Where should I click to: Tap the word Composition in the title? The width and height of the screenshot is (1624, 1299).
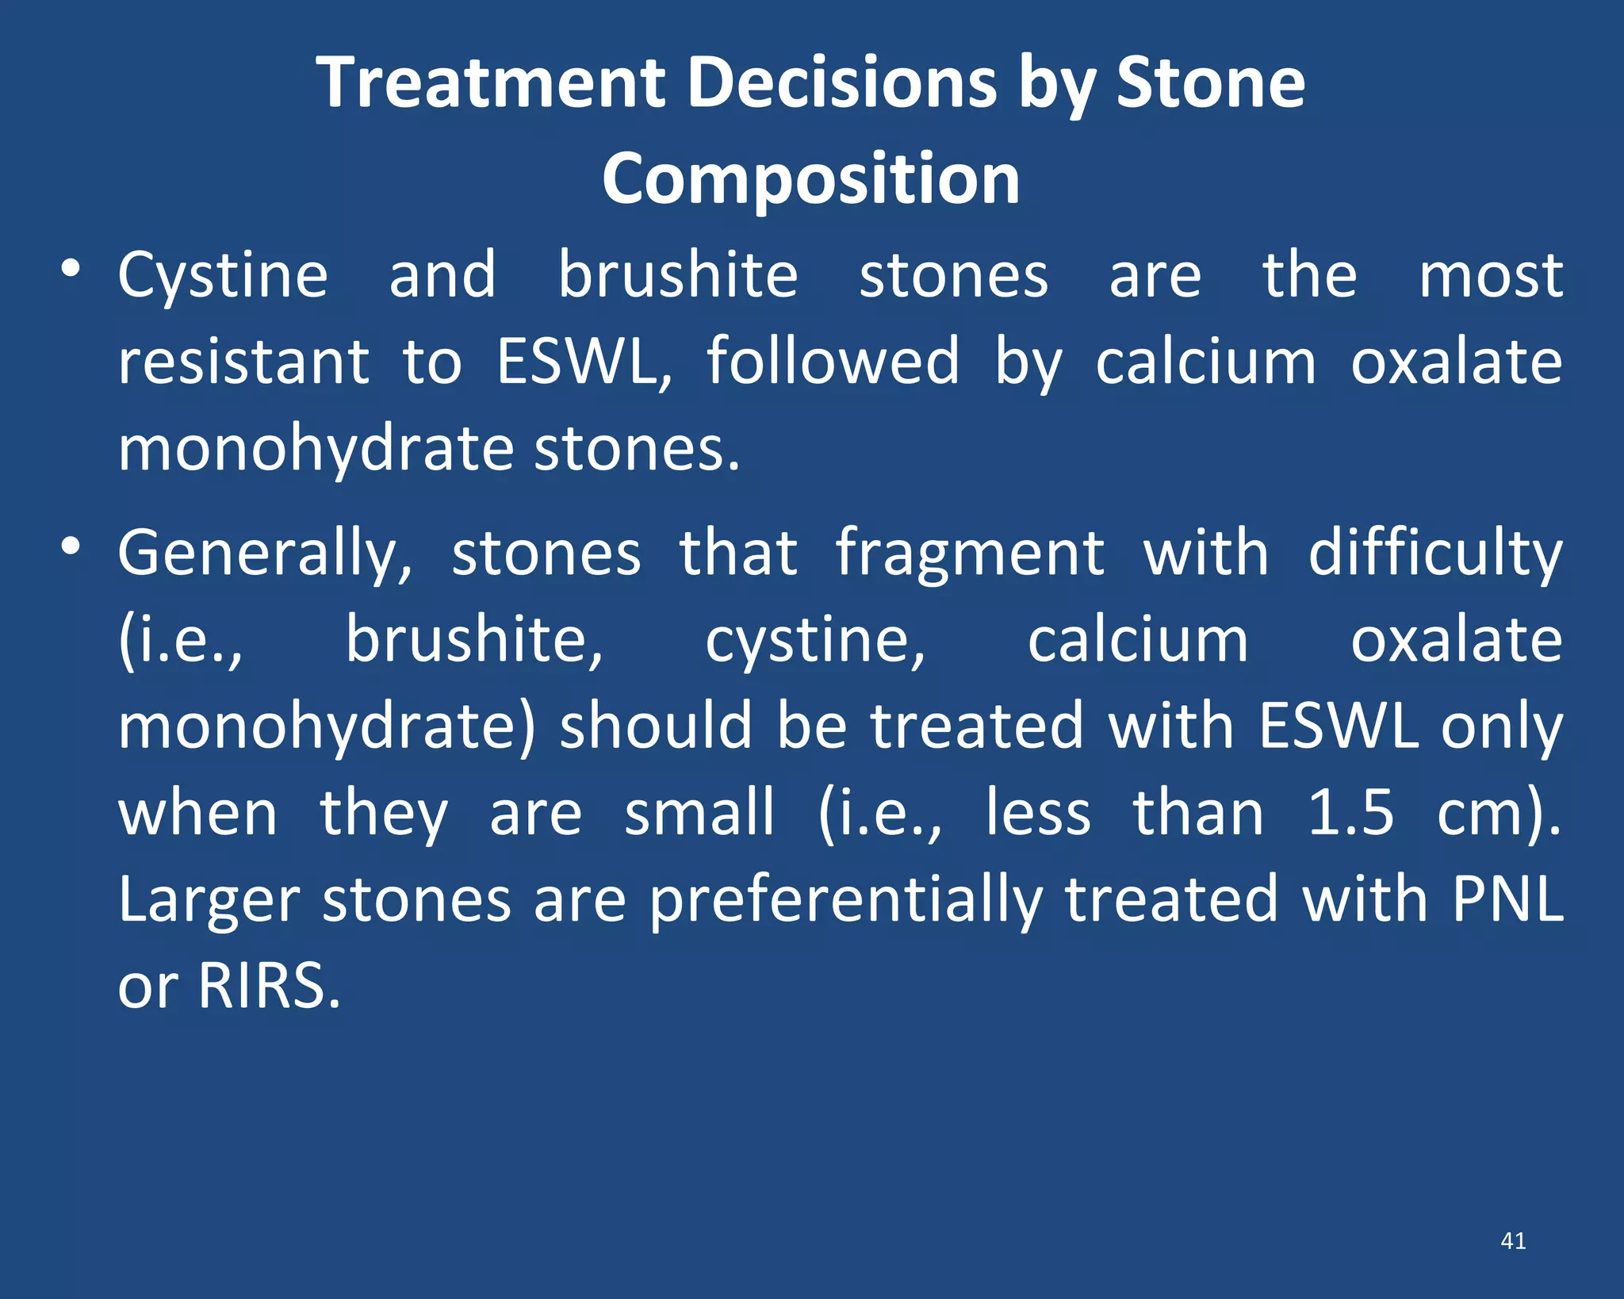810,178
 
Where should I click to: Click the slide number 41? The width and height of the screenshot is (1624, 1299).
1513,1240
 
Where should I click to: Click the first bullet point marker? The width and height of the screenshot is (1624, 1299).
71,269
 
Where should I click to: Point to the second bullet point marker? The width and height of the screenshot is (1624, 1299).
71,546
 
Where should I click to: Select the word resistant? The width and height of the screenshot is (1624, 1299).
243,362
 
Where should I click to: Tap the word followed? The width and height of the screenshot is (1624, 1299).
833,362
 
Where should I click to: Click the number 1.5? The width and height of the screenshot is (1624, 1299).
1350,814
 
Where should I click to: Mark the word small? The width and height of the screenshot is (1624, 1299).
699,814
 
